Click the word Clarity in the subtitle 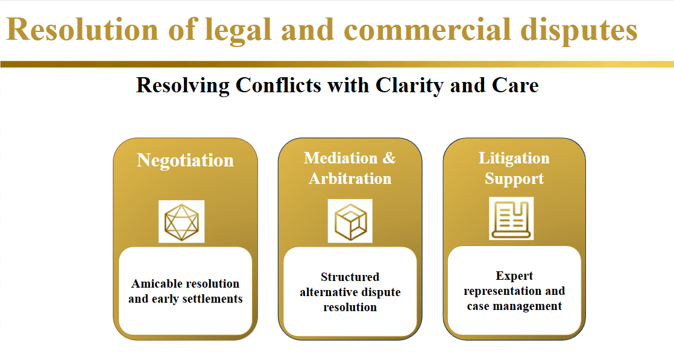point(410,85)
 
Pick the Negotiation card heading point(185,160)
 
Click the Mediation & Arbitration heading point(350,168)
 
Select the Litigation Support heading point(514,168)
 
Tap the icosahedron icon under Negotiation point(181,221)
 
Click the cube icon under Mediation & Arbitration point(350,221)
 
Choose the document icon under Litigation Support point(511,218)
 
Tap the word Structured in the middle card point(350,277)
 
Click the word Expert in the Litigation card point(514,276)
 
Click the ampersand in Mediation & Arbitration point(389,158)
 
